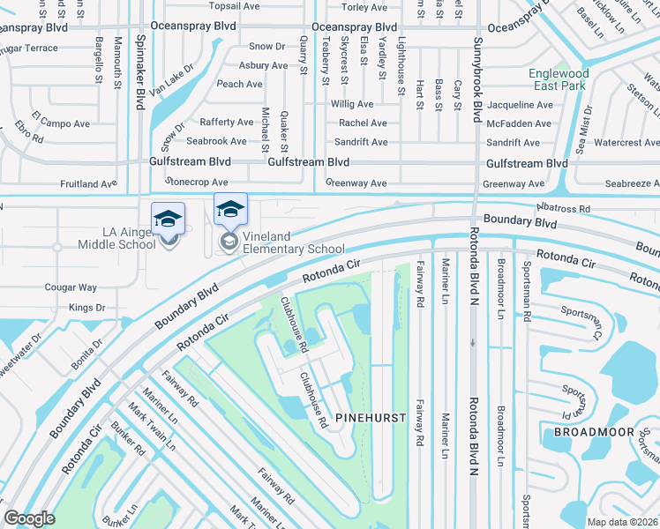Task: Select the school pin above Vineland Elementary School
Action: (x=230, y=210)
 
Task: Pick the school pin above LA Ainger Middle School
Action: (x=168, y=219)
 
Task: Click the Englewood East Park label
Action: (x=558, y=79)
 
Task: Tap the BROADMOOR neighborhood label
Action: (x=594, y=432)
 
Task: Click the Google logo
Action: (x=29, y=518)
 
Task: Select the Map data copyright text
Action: (x=624, y=521)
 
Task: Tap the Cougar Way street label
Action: (x=71, y=287)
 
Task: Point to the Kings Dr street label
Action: (x=86, y=308)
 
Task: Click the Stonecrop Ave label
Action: (x=202, y=183)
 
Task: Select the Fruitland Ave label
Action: (x=88, y=184)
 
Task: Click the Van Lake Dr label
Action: (x=170, y=85)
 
